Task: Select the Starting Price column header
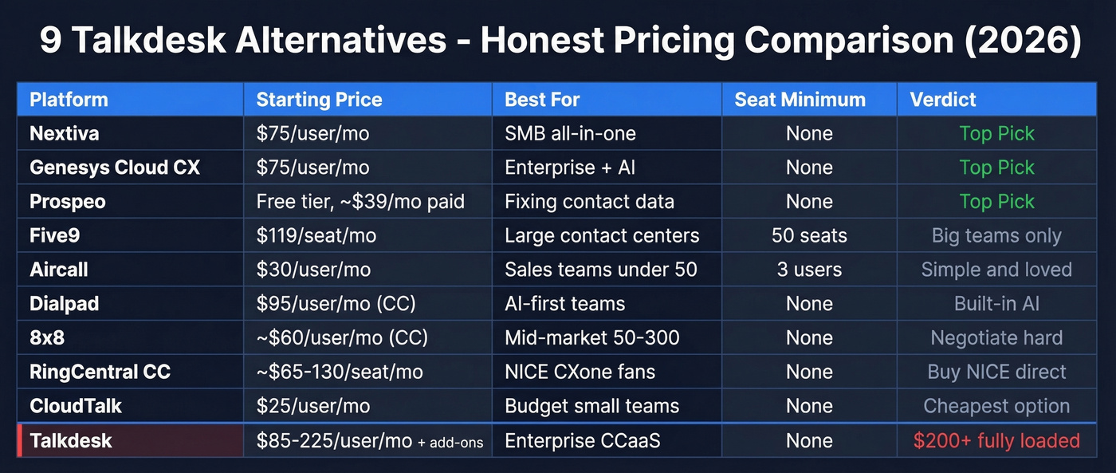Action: (319, 100)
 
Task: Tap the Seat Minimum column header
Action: (800, 100)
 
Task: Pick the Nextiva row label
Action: (65, 133)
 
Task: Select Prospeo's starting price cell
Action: (360, 202)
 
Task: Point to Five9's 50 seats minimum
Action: (809, 236)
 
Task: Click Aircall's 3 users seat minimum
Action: (809, 270)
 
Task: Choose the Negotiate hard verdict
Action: (996, 338)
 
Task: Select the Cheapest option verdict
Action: (996, 406)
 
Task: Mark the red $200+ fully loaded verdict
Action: (996, 441)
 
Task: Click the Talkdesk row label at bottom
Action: (71, 441)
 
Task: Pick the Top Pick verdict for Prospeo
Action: (996, 202)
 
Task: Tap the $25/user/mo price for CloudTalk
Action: (313, 406)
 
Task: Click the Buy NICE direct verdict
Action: (996, 372)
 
